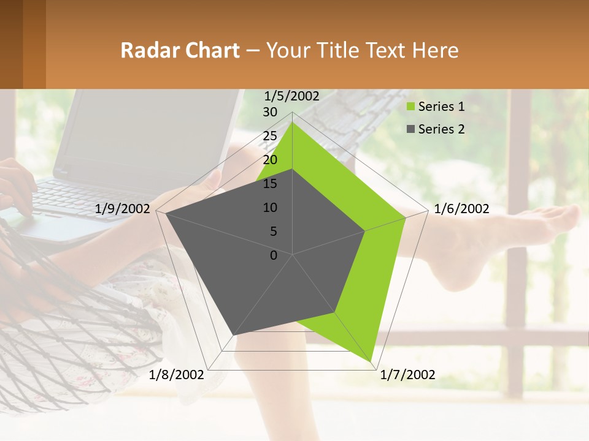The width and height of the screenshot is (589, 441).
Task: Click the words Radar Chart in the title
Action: click(x=180, y=50)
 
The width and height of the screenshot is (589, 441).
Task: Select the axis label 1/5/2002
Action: click(x=291, y=96)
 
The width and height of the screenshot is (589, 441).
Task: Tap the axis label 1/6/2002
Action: click(x=461, y=209)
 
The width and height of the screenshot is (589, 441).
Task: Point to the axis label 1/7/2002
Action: click(x=407, y=374)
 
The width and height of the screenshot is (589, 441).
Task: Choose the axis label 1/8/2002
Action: click(x=177, y=374)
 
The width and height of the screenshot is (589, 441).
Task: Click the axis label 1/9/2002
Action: click(x=123, y=209)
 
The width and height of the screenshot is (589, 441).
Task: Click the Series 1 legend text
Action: click(x=441, y=107)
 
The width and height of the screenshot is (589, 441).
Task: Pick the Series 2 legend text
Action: click(x=441, y=129)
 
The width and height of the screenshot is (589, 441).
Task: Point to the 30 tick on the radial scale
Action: click(x=270, y=112)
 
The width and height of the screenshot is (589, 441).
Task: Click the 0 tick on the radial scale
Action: click(x=274, y=255)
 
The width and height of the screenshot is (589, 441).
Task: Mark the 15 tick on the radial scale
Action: click(x=270, y=184)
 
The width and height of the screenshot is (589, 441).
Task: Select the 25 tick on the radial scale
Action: click(x=270, y=136)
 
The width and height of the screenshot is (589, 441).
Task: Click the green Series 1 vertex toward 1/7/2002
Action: click(x=371, y=362)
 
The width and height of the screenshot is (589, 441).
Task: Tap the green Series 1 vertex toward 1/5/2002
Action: click(x=293, y=123)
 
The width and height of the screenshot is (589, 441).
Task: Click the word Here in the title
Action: click(x=435, y=50)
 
